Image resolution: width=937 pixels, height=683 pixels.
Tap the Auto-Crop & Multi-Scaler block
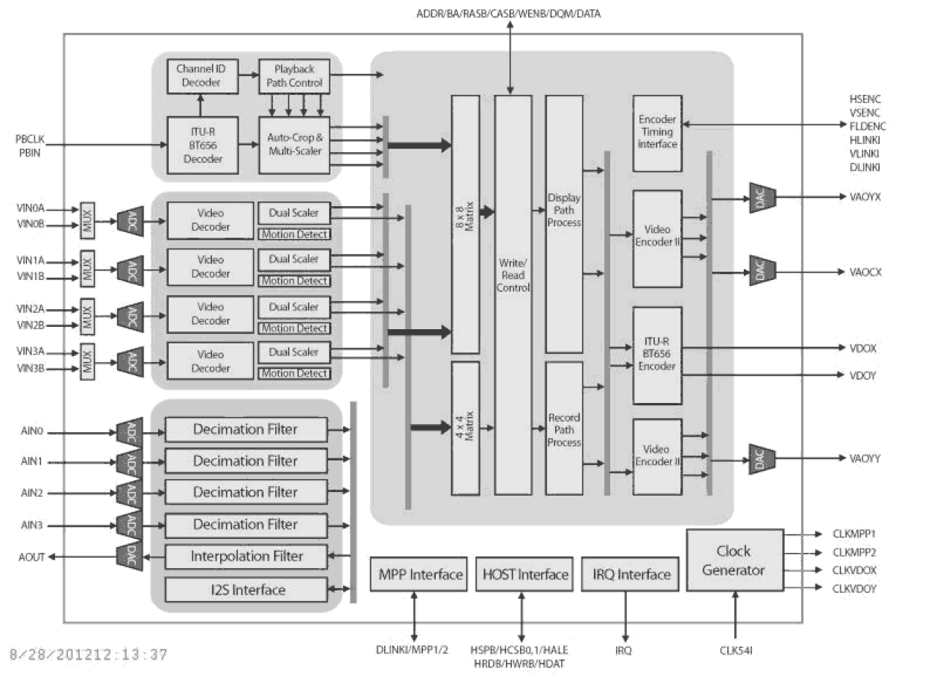[294, 145]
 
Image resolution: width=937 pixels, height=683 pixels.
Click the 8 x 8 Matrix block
[466, 224]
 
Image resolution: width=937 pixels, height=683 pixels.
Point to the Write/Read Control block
[513, 294]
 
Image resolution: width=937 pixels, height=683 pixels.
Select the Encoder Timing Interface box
[657, 131]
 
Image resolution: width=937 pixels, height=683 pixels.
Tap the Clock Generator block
[735, 560]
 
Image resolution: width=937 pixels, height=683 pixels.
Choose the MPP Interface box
[419, 575]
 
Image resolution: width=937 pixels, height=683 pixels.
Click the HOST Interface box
[524, 575]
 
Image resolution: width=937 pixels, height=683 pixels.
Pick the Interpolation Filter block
[246, 557]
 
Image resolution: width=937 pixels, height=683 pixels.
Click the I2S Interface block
[246, 590]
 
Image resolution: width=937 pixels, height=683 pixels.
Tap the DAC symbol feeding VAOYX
[762, 198]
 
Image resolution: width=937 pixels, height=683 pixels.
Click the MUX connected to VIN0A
[88, 216]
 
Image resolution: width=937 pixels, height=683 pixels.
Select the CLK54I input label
[736, 651]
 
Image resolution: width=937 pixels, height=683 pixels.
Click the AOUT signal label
[31, 557]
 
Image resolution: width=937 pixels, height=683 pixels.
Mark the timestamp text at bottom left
[88, 655]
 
